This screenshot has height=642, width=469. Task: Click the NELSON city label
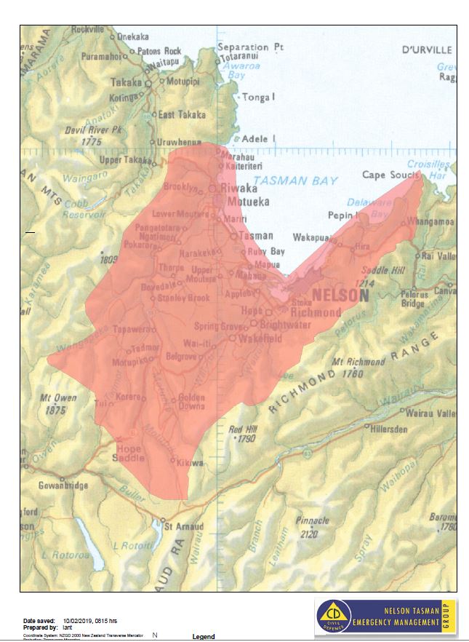pyautogui.click(x=340, y=296)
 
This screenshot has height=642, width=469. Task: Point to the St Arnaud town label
pyautogui.click(x=184, y=526)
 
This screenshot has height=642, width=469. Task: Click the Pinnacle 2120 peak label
pyautogui.click(x=313, y=520)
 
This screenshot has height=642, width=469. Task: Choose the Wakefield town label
pyautogui.click(x=260, y=338)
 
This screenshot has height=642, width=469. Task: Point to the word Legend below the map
pyautogui.click(x=203, y=637)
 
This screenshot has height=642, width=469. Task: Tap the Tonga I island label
pyautogui.click(x=258, y=97)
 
